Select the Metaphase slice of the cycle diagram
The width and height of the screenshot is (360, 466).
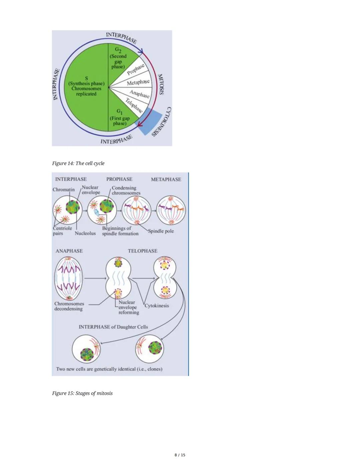pyautogui.click(x=138, y=82)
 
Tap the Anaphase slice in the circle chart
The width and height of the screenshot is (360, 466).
pyautogui.click(x=139, y=94)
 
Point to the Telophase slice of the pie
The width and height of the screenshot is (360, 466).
pyautogui.click(x=134, y=105)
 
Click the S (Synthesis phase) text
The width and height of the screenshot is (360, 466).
pyautogui.click(x=86, y=86)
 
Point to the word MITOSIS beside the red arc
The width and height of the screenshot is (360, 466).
pyautogui.click(x=161, y=84)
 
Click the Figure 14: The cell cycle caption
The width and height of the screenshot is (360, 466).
pyautogui.click(x=78, y=163)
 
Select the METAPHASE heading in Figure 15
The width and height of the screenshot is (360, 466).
pyautogui.click(x=166, y=179)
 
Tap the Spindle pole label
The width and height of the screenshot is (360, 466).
pyautogui.click(x=161, y=231)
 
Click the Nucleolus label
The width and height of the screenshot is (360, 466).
pyautogui.click(x=85, y=233)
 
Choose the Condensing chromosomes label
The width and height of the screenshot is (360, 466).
pyautogui.click(x=126, y=190)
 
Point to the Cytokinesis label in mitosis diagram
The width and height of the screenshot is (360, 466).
pyautogui.click(x=157, y=306)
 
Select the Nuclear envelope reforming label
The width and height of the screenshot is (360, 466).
pyautogui.click(x=128, y=307)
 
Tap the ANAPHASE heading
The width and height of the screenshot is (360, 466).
pyautogui.click(x=69, y=251)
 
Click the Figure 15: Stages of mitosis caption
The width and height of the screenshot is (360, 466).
pyautogui.click(x=82, y=393)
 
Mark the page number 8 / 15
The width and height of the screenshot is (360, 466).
pyautogui.click(x=180, y=455)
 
